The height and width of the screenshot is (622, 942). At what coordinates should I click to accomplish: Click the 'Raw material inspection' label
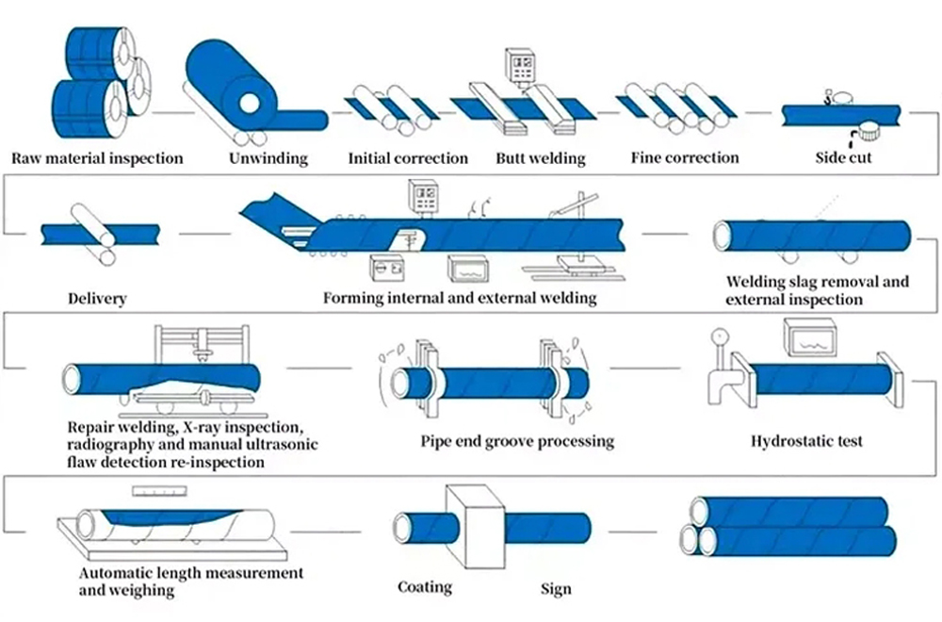[97, 158]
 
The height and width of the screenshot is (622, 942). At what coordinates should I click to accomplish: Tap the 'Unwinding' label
[268, 158]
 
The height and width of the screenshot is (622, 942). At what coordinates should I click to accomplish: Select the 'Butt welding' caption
[540, 158]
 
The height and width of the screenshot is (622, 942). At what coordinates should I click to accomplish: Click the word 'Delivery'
[97, 299]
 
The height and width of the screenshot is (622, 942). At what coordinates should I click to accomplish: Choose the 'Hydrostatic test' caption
[806, 440]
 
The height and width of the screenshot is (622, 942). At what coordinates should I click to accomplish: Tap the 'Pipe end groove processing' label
[517, 440]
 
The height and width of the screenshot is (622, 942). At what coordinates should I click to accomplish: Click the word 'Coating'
[424, 587]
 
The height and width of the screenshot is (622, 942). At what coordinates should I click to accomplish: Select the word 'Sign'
[556, 589]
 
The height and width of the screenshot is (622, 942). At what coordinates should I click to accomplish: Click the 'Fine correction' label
[685, 158]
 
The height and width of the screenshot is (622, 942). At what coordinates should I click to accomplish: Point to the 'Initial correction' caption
[408, 158]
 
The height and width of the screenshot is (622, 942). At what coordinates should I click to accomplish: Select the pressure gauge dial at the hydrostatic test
[723, 335]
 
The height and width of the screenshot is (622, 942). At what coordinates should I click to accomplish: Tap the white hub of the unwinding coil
[252, 101]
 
